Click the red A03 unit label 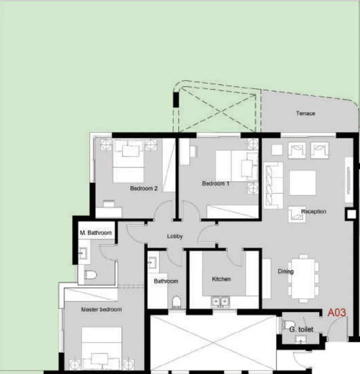point(336,313)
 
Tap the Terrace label point(305,113)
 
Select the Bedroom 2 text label point(143,188)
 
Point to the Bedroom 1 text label point(215,184)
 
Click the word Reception point(313,211)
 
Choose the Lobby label point(175,236)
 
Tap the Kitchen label point(221,279)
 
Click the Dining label point(286,272)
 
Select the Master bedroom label point(101,310)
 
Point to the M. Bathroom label point(96,233)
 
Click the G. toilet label point(301,330)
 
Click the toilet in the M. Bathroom point(90,275)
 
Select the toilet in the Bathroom point(177,302)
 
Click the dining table point(303,278)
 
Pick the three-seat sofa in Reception point(273,184)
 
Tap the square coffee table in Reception point(302,183)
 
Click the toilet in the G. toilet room point(289,324)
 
